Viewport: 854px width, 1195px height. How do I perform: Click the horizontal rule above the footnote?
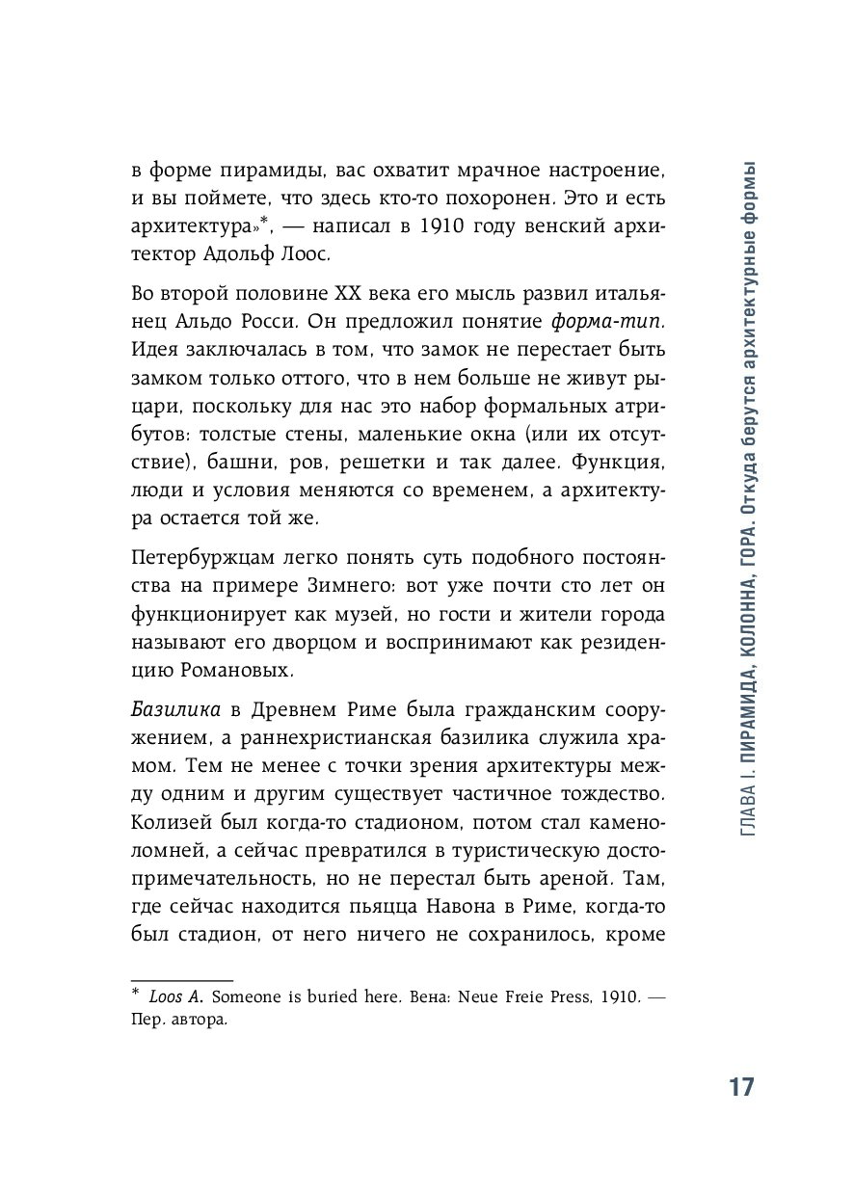tap(182, 978)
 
